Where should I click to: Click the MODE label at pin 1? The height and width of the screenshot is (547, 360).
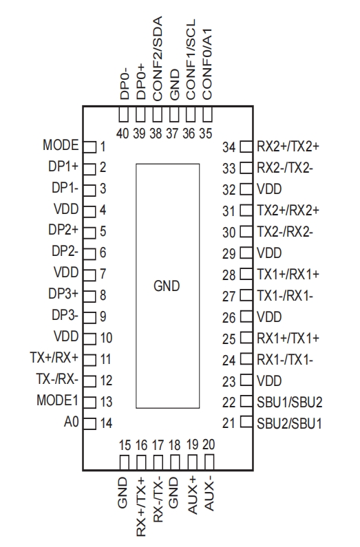pyautogui.click(x=61, y=146)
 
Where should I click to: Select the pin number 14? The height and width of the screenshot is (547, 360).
pyautogui.click(x=105, y=423)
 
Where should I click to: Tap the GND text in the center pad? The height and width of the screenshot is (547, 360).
pyautogui.click(x=166, y=286)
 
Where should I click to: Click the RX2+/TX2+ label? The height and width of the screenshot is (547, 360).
pyautogui.click(x=288, y=146)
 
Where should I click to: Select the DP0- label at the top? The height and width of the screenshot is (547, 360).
pyautogui.click(x=125, y=82)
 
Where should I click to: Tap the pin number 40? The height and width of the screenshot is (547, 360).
pyautogui.click(x=124, y=133)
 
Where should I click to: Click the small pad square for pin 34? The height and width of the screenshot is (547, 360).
pyautogui.click(x=245, y=147)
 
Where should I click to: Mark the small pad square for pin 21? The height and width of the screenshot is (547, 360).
pyautogui.click(x=245, y=422)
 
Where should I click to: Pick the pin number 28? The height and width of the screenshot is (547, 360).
pyautogui.click(x=229, y=275)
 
